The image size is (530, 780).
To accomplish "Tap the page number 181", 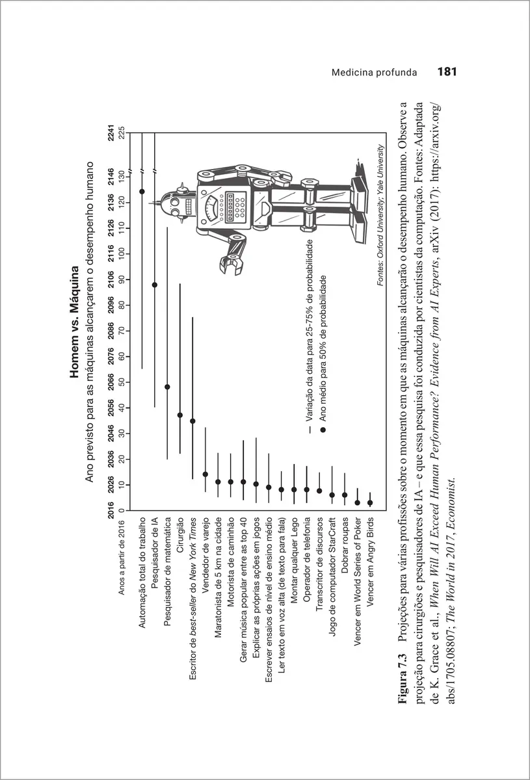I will (x=448, y=71).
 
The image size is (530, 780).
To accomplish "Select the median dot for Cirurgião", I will (x=180, y=415).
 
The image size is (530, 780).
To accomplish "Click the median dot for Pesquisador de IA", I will (x=155, y=285).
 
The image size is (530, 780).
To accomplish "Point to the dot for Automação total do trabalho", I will (x=142, y=191).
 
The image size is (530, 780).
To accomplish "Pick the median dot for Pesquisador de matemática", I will (x=167, y=387).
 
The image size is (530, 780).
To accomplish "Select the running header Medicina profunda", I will (x=374, y=72).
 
